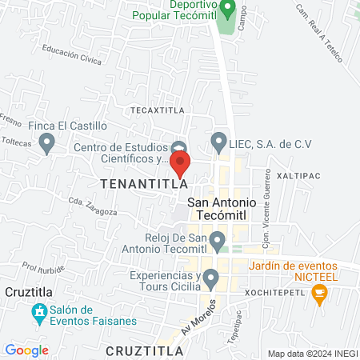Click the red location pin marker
[x=180, y=163]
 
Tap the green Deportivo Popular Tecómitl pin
[x=227, y=10]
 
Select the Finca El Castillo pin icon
[x=47, y=143]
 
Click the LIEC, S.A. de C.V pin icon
[x=218, y=143]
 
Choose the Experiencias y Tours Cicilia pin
[x=211, y=279]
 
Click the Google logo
[x=26, y=350]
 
